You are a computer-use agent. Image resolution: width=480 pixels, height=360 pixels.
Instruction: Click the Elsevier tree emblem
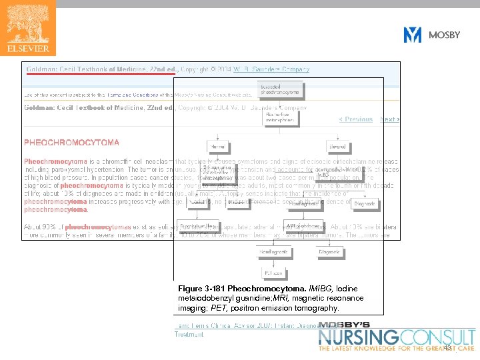28,23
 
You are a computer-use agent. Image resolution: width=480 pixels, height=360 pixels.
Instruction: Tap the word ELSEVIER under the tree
28,48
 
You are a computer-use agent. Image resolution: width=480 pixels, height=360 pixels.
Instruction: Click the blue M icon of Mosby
413,35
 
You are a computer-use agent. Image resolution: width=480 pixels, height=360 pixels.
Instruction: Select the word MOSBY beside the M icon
444,35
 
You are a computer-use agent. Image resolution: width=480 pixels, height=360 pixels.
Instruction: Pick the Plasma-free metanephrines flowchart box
280,117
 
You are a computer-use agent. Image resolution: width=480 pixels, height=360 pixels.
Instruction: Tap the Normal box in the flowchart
217,147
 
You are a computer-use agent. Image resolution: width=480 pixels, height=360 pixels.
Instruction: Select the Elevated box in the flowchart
337,147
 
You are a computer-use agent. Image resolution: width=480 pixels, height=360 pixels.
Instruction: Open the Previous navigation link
356,119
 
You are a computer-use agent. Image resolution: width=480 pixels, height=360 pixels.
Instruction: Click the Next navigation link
389,119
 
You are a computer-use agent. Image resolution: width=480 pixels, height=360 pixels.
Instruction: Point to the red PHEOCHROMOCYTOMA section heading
72,143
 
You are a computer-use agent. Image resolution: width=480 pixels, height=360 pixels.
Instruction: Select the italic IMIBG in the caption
313,288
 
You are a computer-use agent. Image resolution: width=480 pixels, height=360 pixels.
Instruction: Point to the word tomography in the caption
318,308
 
